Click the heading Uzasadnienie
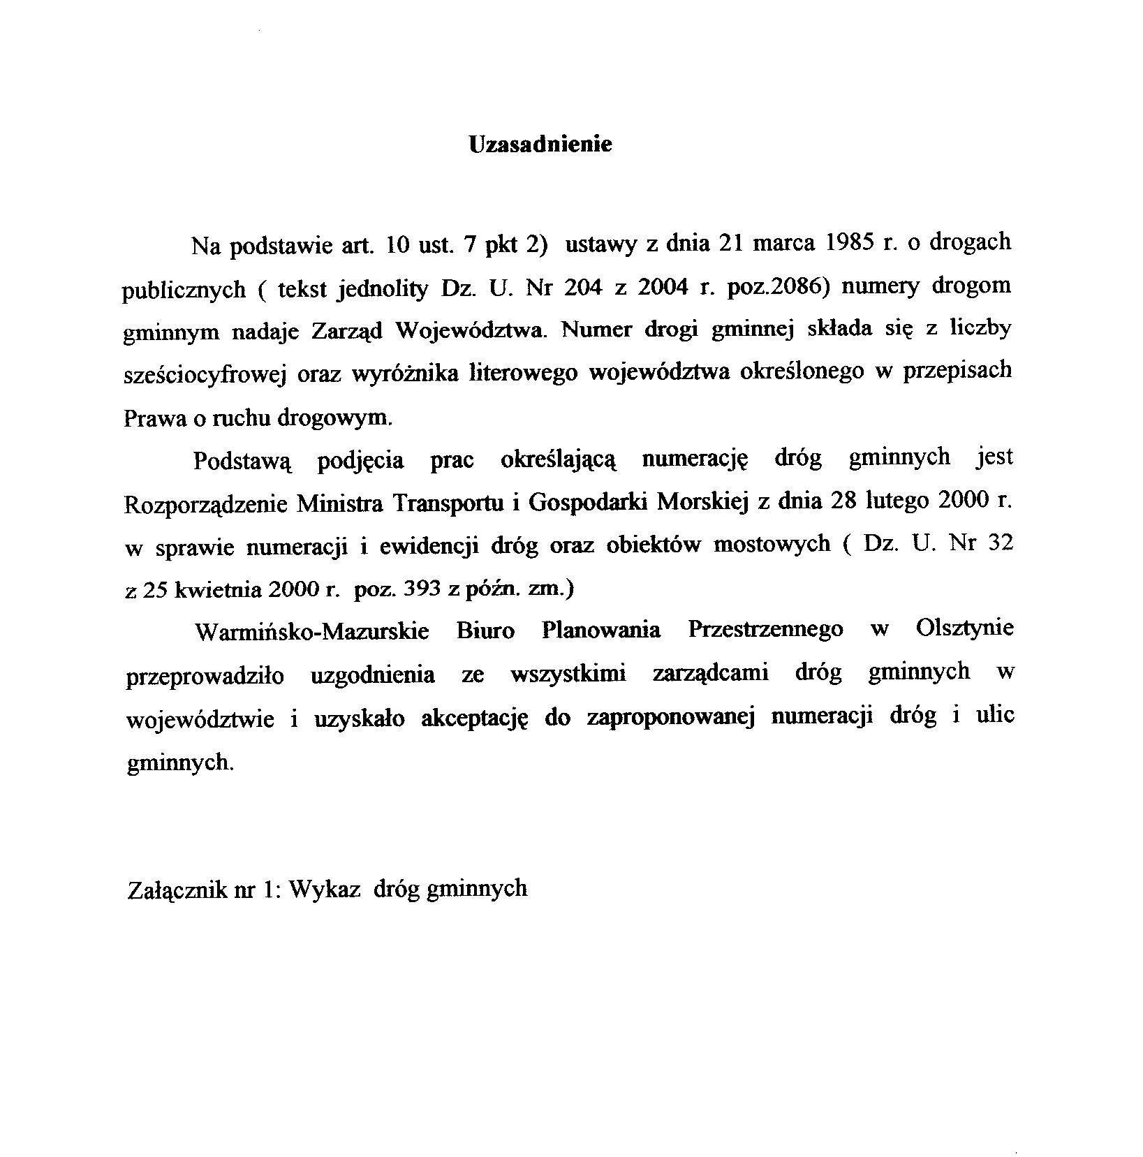(540, 145)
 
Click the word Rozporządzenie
(205, 504)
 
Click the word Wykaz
(324, 890)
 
